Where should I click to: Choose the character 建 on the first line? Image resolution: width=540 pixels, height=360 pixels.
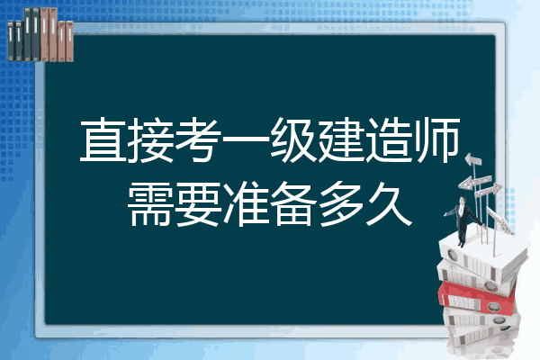pyautogui.click(x=341, y=139)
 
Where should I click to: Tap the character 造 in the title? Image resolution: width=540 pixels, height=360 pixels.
pyautogui.click(x=389, y=139)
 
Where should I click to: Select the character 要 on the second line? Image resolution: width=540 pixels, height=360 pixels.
pyautogui.click(x=198, y=203)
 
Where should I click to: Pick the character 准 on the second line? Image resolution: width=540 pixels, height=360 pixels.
pyautogui.click(x=246, y=203)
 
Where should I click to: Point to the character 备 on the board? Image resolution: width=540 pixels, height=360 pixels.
pyautogui.click(x=293, y=203)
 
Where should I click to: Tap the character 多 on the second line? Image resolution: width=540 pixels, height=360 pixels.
pyautogui.click(x=341, y=203)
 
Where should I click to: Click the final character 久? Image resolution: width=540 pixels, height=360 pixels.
pyautogui.click(x=389, y=203)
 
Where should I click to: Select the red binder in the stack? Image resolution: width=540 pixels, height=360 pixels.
pyautogui.click(x=477, y=298)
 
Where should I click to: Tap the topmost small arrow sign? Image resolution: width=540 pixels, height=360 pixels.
pyautogui.click(x=473, y=160)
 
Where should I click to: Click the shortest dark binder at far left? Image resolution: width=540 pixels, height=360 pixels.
pyautogui.click(x=11, y=40)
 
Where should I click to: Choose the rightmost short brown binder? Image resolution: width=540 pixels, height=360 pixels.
pyautogui.click(x=69, y=41)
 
